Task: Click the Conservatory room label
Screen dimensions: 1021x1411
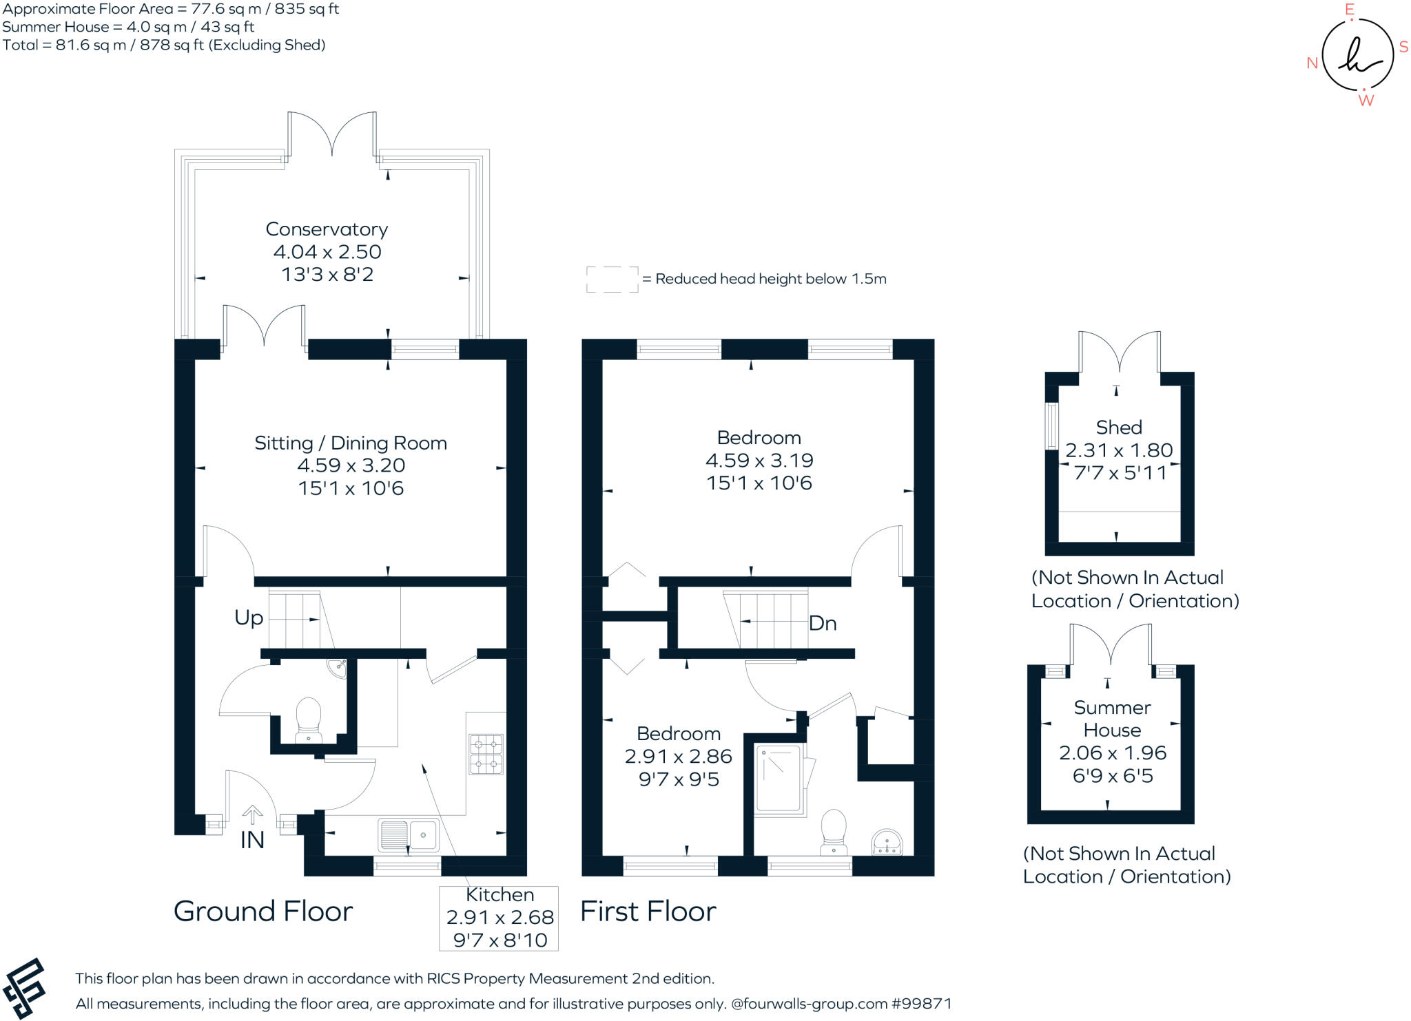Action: [327, 229]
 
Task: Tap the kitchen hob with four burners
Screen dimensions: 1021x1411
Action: [486, 755]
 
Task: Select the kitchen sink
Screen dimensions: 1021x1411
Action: [408, 835]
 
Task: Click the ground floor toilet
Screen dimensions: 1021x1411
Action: [308, 719]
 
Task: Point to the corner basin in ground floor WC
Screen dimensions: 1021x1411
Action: [338, 667]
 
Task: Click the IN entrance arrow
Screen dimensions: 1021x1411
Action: [252, 816]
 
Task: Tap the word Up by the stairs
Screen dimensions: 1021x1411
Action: [249, 618]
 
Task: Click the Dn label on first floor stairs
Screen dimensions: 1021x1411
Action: [823, 623]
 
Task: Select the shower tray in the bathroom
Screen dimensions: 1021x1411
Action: [779, 779]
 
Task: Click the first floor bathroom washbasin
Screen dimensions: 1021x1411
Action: [887, 843]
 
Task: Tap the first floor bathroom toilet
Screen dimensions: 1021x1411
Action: [834, 830]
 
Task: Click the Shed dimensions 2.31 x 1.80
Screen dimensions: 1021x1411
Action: [1119, 450]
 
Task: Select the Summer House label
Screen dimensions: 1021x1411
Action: [1112, 719]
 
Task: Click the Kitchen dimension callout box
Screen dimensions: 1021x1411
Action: [499, 918]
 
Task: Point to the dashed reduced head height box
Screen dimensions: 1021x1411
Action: [612, 280]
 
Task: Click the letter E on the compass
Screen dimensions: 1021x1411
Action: [1350, 10]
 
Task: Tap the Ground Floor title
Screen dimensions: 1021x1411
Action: [263, 912]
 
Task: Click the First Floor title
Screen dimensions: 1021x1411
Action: [648, 912]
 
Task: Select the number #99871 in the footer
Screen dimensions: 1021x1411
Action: [921, 1004]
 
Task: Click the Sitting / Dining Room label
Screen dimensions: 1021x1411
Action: [351, 443]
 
